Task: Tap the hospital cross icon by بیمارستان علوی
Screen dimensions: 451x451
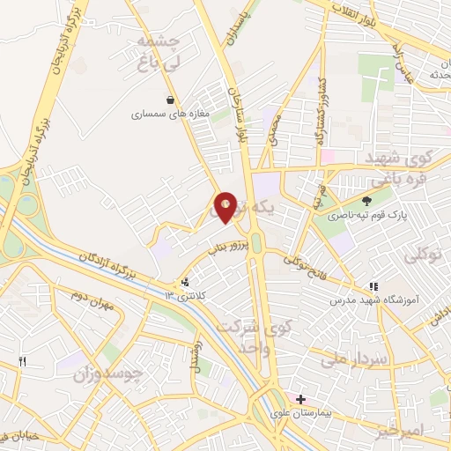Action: (301, 399)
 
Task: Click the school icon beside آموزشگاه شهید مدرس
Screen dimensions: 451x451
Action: (373, 286)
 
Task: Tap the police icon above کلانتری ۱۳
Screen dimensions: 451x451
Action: (185, 283)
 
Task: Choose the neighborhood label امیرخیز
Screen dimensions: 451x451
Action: (422, 431)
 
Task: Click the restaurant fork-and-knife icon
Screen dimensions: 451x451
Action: (23, 361)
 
